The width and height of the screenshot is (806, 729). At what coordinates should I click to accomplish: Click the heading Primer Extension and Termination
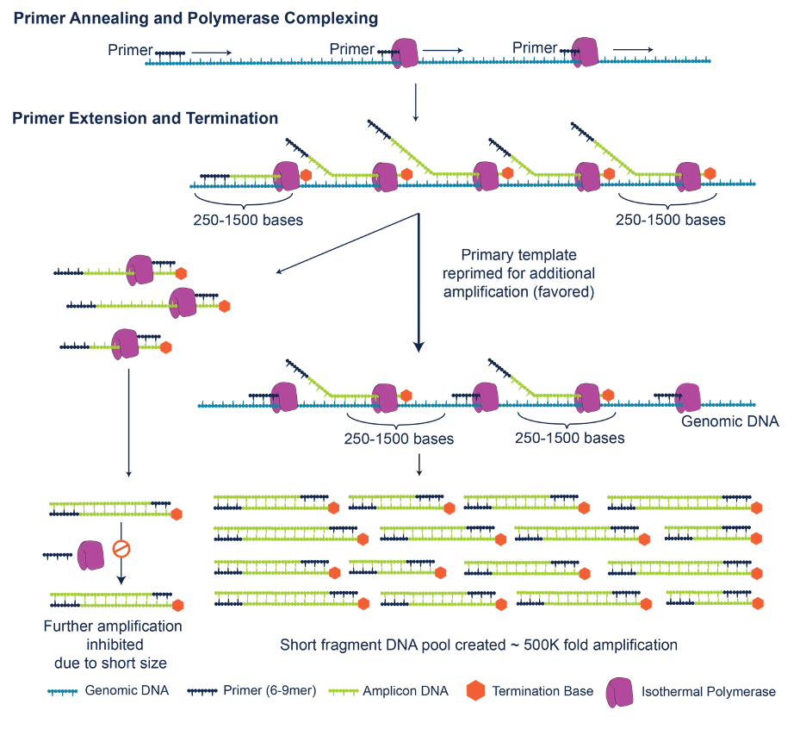[145, 118]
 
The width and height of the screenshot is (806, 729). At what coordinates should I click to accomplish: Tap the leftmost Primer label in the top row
[130, 50]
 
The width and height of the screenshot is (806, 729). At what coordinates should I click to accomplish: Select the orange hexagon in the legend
[474, 691]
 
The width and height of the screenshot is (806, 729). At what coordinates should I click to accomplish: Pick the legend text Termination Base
[542, 691]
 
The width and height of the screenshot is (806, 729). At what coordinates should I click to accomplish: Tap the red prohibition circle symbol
[122, 547]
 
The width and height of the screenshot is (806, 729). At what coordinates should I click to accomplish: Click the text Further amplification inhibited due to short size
[113, 644]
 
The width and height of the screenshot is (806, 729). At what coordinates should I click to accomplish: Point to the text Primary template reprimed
[518, 273]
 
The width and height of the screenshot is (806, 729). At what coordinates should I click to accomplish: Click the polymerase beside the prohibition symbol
[90, 556]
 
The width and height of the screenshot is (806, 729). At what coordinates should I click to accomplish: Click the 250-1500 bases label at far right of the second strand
[670, 220]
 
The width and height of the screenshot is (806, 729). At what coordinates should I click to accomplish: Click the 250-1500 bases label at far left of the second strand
[248, 220]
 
